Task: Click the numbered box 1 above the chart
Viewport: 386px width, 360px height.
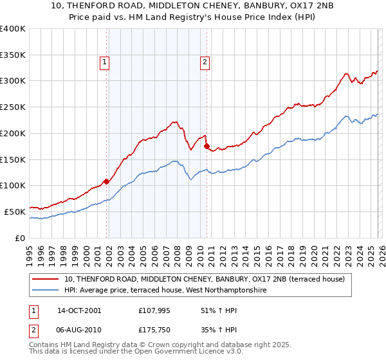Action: [x=104, y=62]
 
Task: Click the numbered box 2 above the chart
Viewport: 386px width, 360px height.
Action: [x=205, y=62]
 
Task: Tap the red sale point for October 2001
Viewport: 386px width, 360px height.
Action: [x=106, y=181]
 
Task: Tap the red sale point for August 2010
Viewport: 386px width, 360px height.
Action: [x=207, y=146]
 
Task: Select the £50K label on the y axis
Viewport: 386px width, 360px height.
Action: [x=15, y=212]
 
